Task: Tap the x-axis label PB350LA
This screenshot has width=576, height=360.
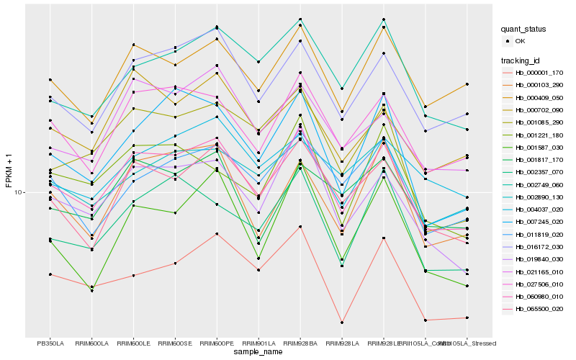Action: point(50,343)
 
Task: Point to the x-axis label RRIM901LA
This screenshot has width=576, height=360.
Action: point(258,343)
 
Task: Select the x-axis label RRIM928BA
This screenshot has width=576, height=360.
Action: point(300,343)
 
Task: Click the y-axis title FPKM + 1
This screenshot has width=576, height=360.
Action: point(9,171)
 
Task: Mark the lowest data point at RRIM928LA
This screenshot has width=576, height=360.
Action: point(341,323)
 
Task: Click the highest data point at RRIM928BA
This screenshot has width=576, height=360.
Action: point(300,19)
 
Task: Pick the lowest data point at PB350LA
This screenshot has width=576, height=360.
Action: point(50,274)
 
